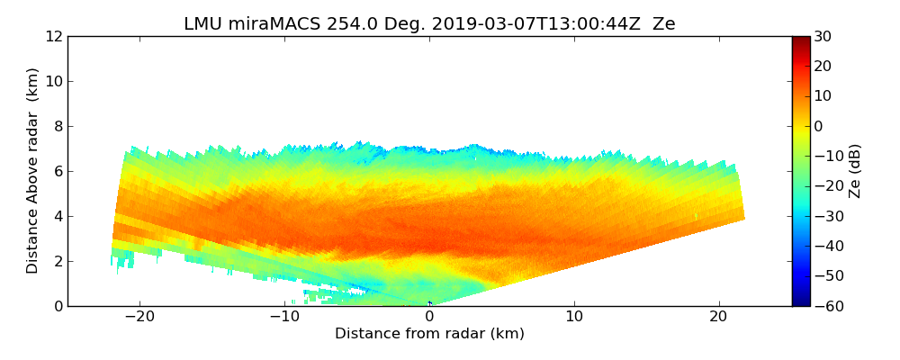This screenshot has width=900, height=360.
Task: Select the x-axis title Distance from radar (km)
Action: click(429, 334)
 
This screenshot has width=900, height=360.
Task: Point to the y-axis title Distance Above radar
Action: click(32, 171)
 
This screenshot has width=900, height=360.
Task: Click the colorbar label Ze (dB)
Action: click(855, 171)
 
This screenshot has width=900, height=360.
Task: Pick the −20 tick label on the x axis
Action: click(139, 317)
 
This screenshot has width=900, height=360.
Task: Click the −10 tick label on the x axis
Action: click(284, 317)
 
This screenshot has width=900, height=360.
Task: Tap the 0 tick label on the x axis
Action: click(429, 317)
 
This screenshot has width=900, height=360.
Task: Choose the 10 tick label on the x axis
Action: click(574, 317)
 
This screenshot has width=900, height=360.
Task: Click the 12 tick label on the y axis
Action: click(53, 36)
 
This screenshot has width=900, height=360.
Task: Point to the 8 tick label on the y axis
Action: click(57, 126)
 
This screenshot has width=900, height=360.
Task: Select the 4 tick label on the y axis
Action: click(57, 216)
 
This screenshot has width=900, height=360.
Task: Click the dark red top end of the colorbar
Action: click(800, 40)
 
